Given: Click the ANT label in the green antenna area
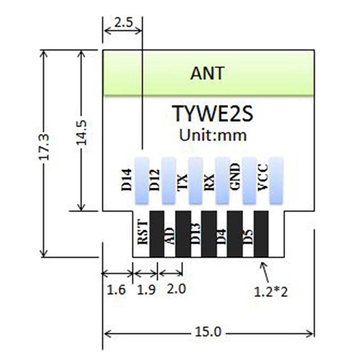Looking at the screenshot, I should [x=207, y=73].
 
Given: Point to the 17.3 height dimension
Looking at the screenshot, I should [x=44, y=147].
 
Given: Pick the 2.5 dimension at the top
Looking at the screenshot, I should [x=122, y=22].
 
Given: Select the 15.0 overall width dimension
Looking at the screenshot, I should [x=209, y=333].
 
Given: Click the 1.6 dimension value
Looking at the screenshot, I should [x=117, y=289].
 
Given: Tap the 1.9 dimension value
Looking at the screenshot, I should [x=145, y=289].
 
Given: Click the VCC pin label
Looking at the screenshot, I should [x=262, y=178].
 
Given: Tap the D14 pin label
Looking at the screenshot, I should [x=127, y=179].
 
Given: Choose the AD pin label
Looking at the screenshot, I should [x=170, y=235].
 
